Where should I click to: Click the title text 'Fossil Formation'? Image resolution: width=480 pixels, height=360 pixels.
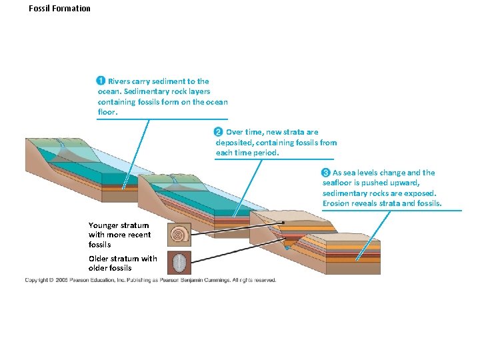pos(60,9)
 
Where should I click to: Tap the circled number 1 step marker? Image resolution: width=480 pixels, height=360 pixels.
pos(101,81)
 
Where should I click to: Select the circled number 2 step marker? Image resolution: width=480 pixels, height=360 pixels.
pos(218,132)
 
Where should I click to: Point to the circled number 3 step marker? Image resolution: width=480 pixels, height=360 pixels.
pos(326,173)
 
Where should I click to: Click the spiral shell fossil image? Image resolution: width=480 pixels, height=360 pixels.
pos(180,234)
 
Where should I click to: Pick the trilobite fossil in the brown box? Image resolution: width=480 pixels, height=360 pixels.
pos(180,262)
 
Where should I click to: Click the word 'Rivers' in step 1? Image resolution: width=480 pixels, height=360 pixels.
pos(120,81)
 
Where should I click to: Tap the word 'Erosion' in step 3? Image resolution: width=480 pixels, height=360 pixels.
pos(337,203)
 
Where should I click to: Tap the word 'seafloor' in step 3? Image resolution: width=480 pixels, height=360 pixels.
pos(339,183)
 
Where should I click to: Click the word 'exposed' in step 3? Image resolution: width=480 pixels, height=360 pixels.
pos(419,193)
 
